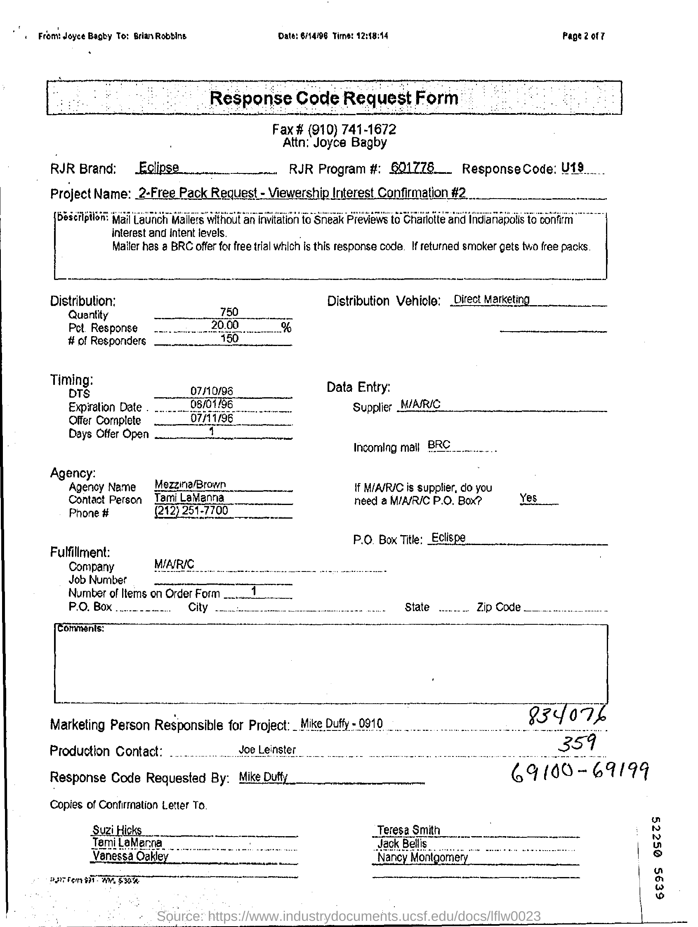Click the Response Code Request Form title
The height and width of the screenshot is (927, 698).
click(x=333, y=98)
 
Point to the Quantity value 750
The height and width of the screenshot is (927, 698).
click(x=229, y=312)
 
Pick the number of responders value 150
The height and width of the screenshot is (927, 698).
click(x=229, y=338)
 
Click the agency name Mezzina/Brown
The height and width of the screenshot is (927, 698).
click(x=190, y=484)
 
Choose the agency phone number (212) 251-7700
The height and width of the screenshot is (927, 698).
click(x=191, y=510)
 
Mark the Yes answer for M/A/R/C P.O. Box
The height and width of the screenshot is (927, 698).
click(x=528, y=498)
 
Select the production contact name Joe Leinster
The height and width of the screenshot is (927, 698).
click(x=267, y=749)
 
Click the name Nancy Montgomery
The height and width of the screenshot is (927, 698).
click(x=422, y=858)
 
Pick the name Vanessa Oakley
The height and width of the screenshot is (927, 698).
click(x=130, y=856)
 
